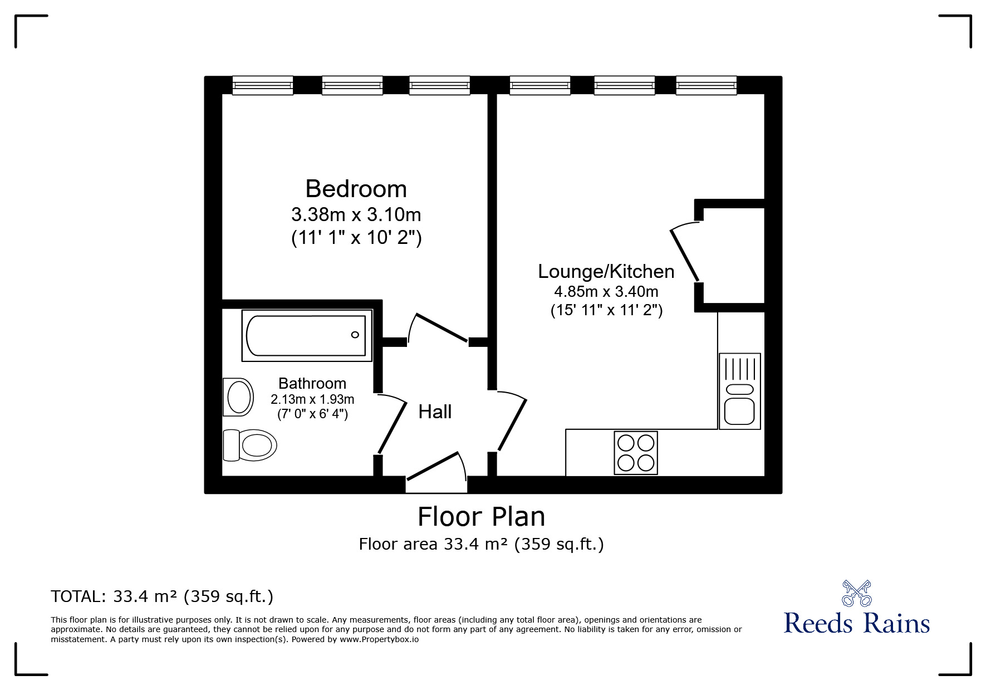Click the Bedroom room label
click(356, 189)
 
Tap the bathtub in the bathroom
click(306, 335)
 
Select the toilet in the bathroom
click(251, 445)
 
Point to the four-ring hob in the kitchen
click(636, 453)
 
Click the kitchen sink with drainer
click(739, 391)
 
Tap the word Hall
click(435, 412)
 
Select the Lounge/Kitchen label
click(606, 272)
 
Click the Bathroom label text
click(312, 383)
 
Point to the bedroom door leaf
click(442, 328)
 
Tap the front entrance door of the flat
click(433, 465)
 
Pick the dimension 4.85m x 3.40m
click(606, 292)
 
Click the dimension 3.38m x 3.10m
click(356, 214)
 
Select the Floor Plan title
click(481, 517)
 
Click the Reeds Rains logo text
click(856, 623)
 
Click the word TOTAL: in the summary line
click(78, 597)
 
